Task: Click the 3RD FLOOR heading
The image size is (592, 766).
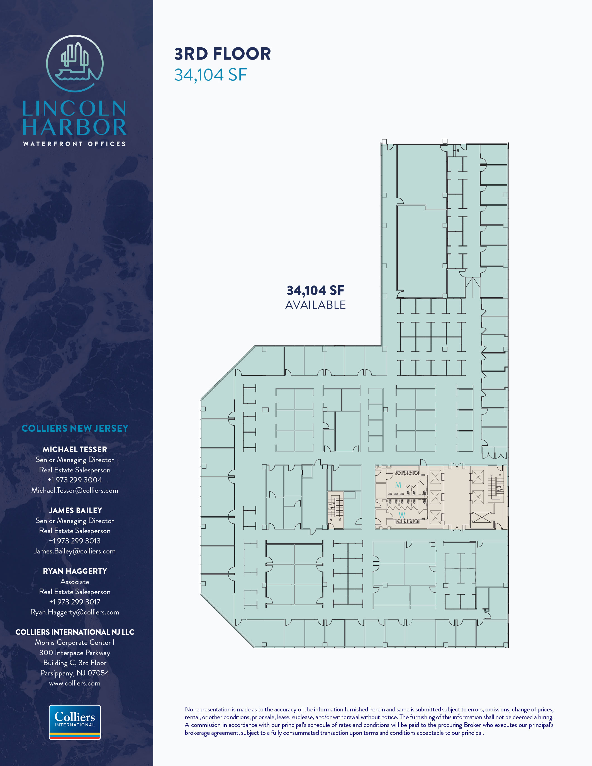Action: click(x=223, y=54)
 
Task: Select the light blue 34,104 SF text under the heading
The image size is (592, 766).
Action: click(x=211, y=75)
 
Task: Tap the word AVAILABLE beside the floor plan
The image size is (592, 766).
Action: click(x=315, y=305)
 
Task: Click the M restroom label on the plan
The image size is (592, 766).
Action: click(x=398, y=485)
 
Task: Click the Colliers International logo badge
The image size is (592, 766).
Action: click(x=75, y=722)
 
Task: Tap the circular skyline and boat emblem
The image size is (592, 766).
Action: click(x=75, y=64)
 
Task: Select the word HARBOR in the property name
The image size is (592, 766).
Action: click(x=75, y=127)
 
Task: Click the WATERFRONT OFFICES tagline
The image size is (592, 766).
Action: click(x=74, y=144)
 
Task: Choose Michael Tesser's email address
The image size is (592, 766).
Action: click(x=75, y=490)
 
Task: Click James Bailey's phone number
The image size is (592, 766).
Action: click(x=75, y=541)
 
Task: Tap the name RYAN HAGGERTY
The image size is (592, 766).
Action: click(x=75, y=571)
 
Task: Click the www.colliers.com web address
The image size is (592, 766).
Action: click(x=75, y=683)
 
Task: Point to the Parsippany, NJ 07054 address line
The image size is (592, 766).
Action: click(x=75, y=673)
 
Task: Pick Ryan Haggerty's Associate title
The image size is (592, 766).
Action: click(x=75, y=582)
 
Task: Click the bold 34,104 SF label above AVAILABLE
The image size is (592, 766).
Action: click(x=315, y=291)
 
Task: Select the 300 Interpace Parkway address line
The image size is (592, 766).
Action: click(x=75, y=653)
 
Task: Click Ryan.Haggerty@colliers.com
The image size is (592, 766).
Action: click(x=75, y=612)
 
